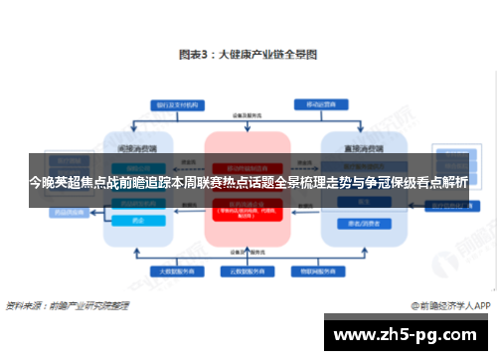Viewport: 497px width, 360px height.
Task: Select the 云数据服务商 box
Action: click(247, 270)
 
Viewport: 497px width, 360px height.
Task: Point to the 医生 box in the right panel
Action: click(355, 202)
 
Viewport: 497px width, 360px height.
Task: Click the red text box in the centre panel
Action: click(247, 209)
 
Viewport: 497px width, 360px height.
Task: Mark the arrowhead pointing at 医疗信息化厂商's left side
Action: click(422, 206)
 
